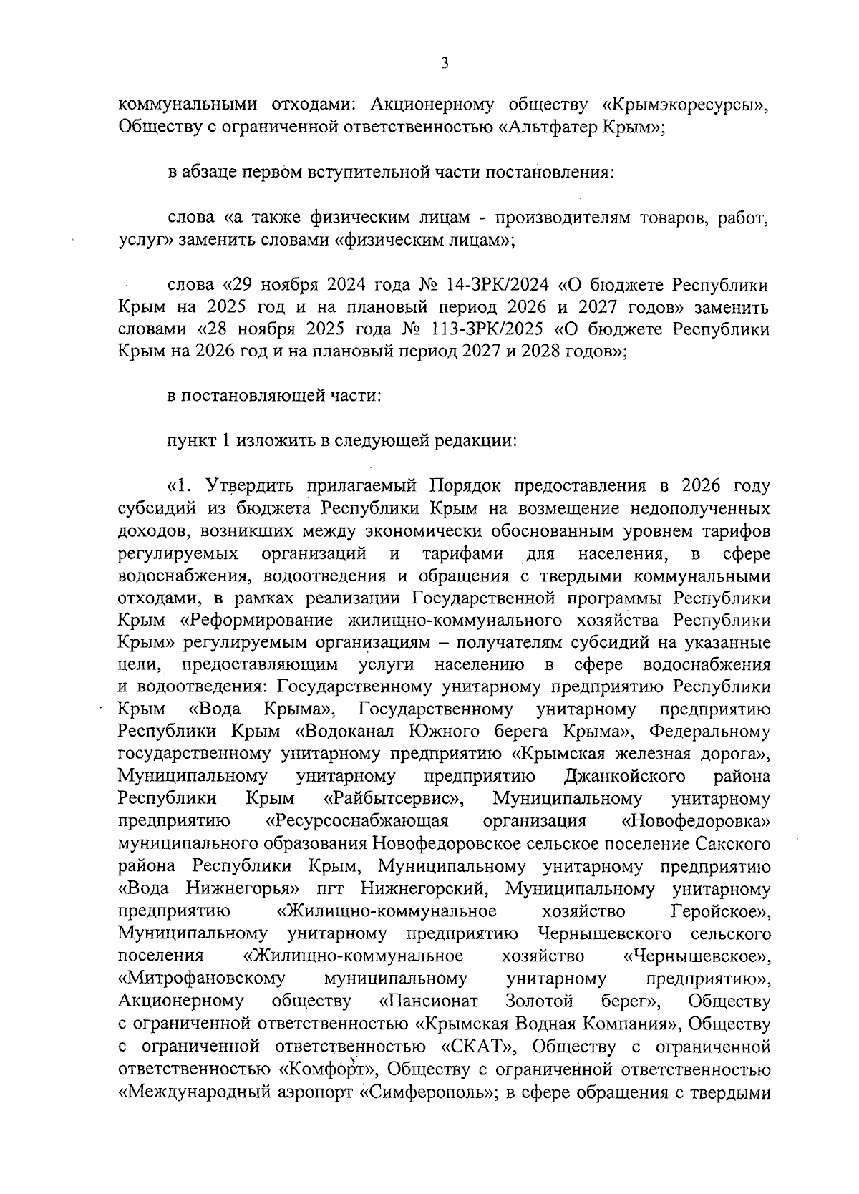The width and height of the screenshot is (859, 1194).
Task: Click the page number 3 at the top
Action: click(445, 64)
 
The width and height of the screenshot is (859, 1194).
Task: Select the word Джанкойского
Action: click(625, 776)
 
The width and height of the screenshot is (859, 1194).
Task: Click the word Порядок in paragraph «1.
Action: click(464, 487)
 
